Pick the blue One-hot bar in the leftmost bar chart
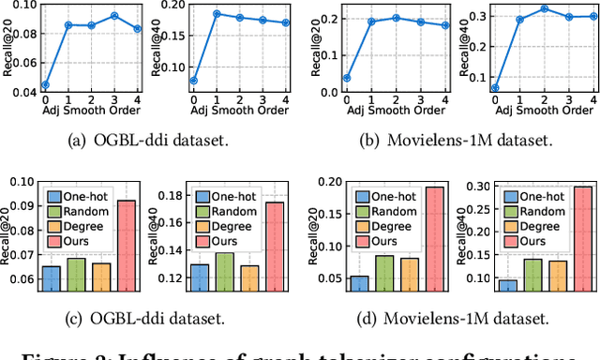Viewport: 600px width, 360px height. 52,278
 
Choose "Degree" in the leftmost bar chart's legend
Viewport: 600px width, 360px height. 89,232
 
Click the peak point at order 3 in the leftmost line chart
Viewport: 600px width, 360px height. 114,16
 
